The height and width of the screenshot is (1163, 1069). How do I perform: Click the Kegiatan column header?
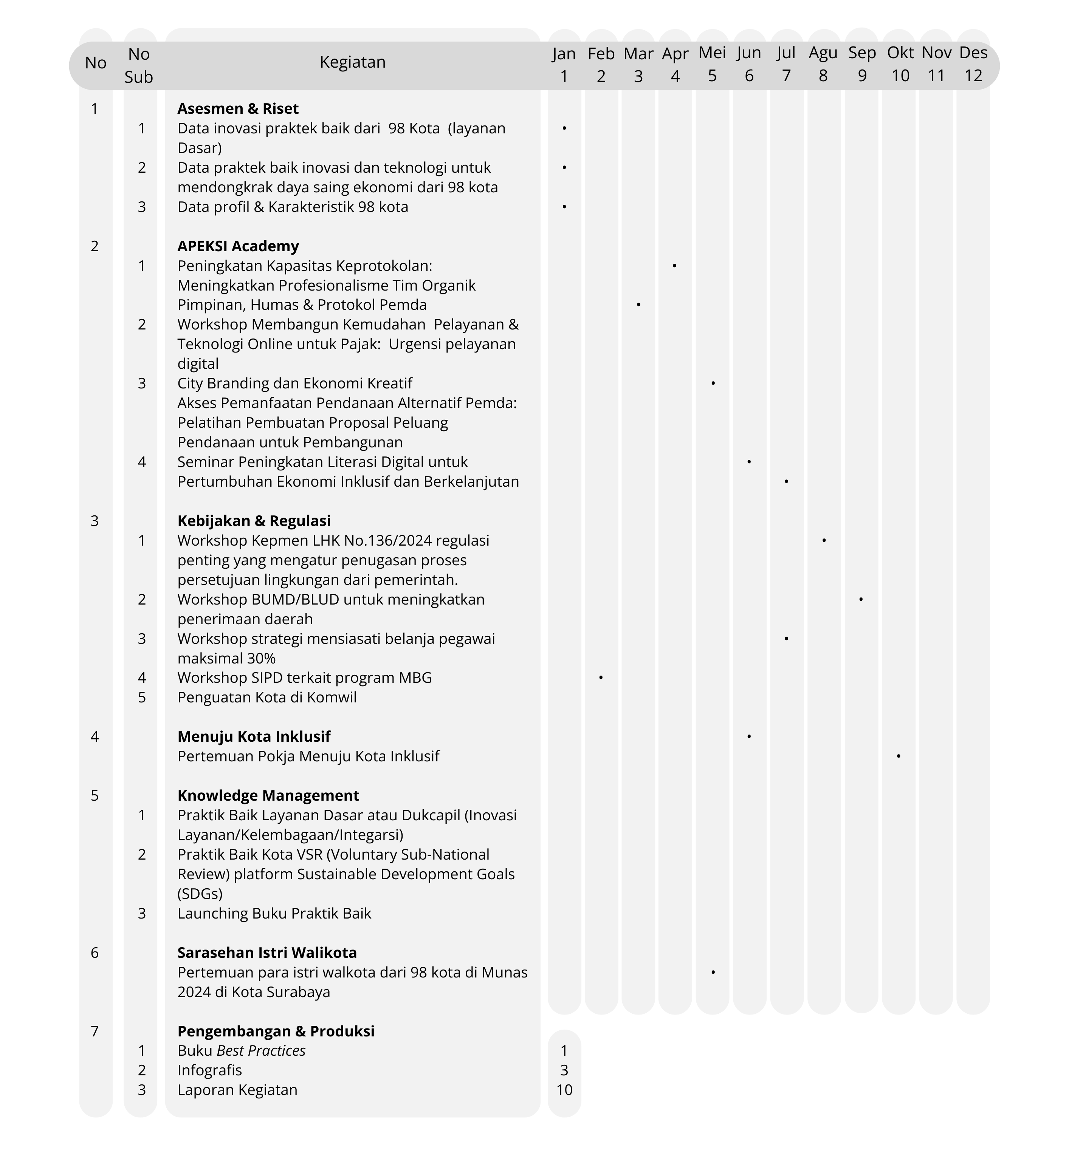point(352,62)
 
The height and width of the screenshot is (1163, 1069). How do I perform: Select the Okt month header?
point(900,63)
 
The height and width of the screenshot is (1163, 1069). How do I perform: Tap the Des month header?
point(973,63)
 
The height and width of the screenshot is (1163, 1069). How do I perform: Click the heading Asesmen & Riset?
point(238,109)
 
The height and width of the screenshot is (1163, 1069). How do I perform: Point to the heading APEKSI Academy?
point(238,246)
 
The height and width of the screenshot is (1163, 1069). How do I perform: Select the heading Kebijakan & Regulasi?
point(254,521)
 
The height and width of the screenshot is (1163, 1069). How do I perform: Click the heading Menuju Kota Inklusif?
point(254,737)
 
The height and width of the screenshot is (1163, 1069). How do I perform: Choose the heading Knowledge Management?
point(268,796)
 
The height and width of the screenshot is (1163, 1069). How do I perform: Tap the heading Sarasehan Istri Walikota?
point(266,953)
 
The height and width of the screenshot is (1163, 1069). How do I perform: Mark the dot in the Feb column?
point(601,677)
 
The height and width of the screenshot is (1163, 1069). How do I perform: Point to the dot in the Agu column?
point(824,540)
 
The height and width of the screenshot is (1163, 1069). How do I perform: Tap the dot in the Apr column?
point(674,266)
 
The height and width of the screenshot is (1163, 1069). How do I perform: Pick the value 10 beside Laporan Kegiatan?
point(564,1090)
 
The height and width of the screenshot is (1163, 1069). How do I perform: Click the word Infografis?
point(209,1070)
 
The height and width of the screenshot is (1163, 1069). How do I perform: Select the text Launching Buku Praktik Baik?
point(274,914)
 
